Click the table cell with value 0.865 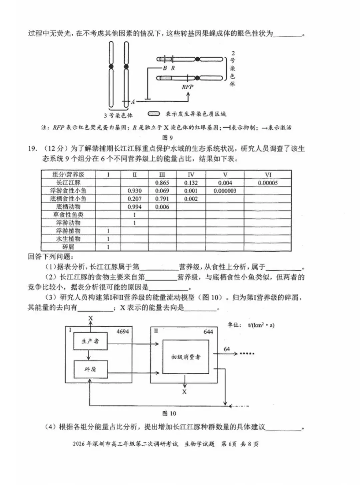coord(162,183)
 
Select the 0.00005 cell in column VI coord(268,183)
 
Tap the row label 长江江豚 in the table coord(68,183)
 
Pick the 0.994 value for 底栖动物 coord(135,207)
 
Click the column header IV coord(191,175)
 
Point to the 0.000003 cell coord(225,191)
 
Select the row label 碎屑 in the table coord(68,247)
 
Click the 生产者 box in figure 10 coord(90,341)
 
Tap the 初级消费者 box coord(186,357)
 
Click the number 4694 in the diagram coord(122,331)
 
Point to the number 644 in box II coord(208,332)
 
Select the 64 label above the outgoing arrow coord(227,349)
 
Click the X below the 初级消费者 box coord(184,392)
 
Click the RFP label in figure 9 coord(187,87)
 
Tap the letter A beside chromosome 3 coord(133,102)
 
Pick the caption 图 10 coord(169,413)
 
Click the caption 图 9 coord(167,137)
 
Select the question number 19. coord(32,149)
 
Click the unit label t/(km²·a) coord(261,325)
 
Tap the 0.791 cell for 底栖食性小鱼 coord(162,199)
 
